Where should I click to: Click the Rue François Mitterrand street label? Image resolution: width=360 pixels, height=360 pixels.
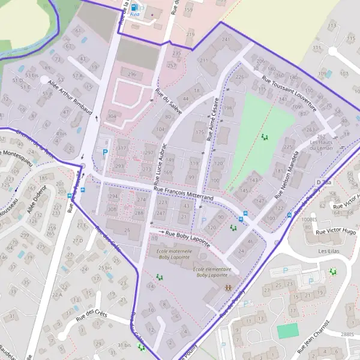pyautogui.click(x=184, y=193)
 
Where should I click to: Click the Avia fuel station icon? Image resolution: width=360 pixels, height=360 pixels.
pyautogui.click(x=133, y=8)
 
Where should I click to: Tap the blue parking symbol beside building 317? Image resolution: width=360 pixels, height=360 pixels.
pyautogui.click(x=106, y=153)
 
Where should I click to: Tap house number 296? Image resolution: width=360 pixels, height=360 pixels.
pyautogui.click(x=132, y=74)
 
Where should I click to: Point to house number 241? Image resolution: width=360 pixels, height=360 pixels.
pyautogui.click(x=226, y=40)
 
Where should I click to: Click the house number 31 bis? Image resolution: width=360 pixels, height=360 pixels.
pyautogui.click(x=124, y=344)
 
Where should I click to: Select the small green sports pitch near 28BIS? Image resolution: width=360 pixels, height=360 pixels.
pyautogui.click(x=287, y=331)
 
